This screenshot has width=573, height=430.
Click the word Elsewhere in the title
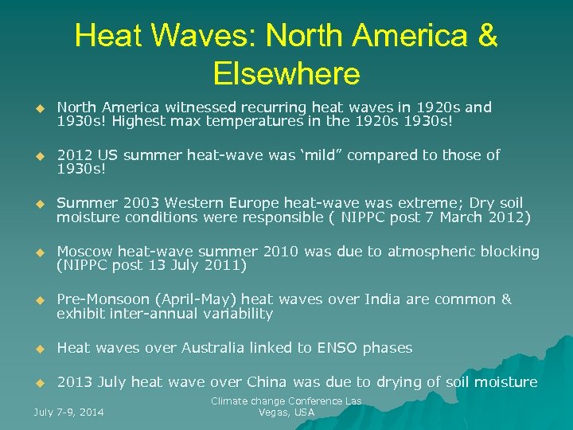point(286,74)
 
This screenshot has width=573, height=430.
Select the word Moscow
point(83,252)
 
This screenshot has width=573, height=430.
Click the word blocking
point(509,252)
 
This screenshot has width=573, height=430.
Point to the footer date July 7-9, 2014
point(69,412)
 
